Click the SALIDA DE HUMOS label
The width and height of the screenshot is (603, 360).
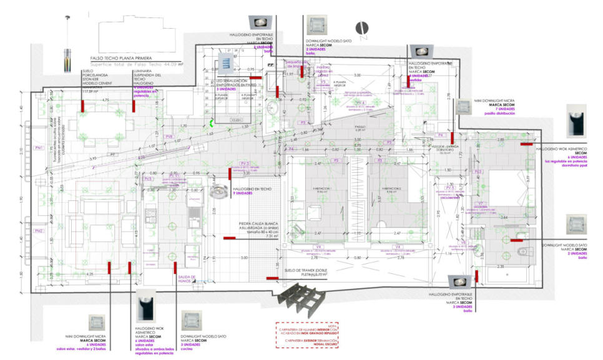187,279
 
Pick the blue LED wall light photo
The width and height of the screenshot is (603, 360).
223,64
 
